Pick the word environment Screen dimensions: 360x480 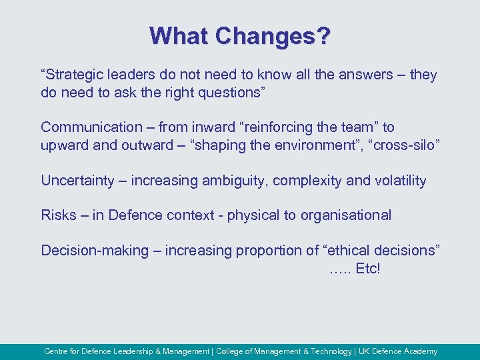coord(310,145)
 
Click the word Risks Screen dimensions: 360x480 coord(59,215)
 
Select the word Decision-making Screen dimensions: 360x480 coord(94,251)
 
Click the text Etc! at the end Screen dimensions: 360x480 coord(367,269)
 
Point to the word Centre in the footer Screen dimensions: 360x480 coord(57,351)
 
